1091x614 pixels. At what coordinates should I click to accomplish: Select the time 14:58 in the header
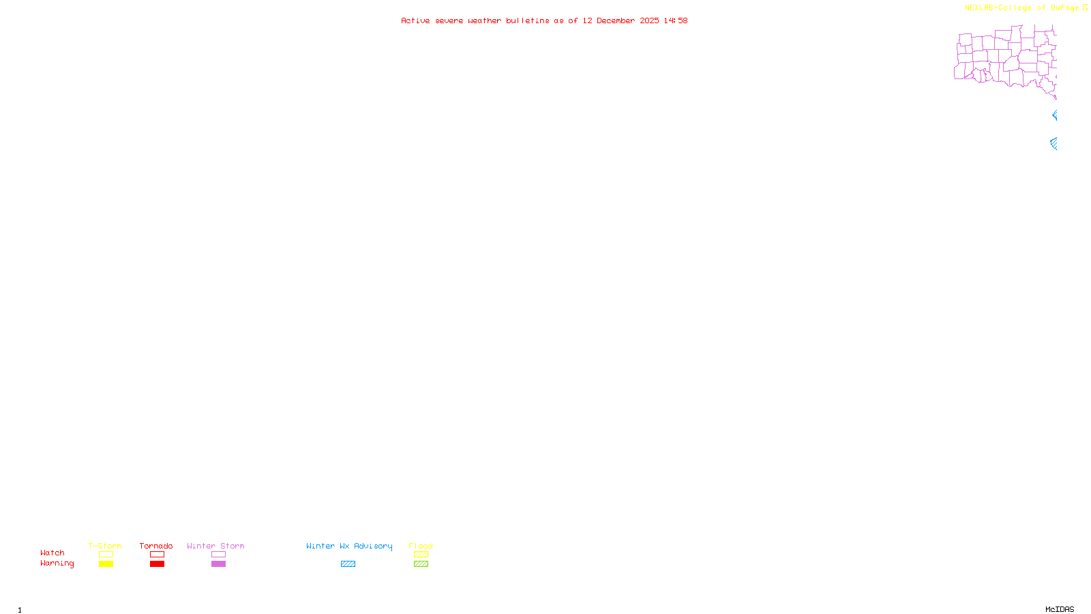click(x=675, y=20)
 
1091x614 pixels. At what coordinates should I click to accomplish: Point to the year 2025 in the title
click(x=649, y=20)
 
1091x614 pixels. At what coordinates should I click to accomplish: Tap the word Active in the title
click(x=415, y=20)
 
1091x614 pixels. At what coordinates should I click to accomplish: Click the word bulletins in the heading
click(x=527, y=20)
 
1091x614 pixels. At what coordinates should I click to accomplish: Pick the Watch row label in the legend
click(x=53, y=553)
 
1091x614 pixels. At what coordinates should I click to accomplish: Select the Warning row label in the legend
click(x=57, y=564)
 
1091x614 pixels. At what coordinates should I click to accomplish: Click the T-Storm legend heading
click(x=105, y=546)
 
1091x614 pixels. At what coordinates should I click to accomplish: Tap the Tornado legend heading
click(x=156, y=546)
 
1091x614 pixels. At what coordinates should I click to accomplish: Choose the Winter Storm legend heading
click(x=215, y=546)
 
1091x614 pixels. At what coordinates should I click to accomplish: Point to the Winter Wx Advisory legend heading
click(x=349, y=546)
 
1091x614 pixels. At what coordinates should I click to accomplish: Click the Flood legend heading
click(x=421, y=546)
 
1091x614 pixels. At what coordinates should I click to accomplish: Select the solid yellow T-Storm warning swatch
click(x=106, y=564)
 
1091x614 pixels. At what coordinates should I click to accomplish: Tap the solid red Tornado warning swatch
click(x=157, y=564)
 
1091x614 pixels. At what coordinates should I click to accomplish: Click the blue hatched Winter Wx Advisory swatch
click(x=348, y=564)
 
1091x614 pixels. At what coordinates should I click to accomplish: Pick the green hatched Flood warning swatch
click(x=421, y=564)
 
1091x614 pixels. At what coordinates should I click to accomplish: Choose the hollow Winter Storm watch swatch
click(x=218, y=555)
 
